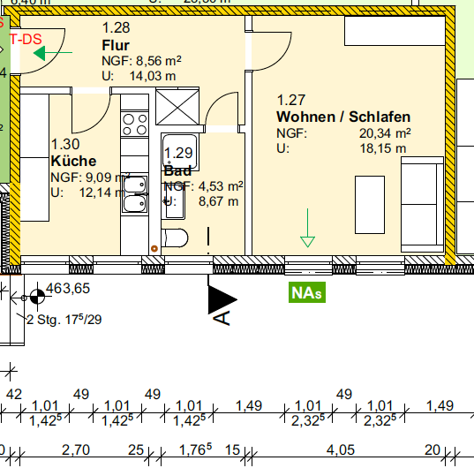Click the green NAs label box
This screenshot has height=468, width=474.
point(306,292)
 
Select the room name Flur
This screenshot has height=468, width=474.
point(116,45)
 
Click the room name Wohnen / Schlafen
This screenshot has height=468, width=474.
point(342,117)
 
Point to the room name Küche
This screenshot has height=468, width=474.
point(73,161)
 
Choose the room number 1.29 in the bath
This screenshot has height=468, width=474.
point(178,153)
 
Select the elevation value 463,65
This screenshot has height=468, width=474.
point(70,289)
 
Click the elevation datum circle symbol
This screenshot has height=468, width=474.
point(36,297)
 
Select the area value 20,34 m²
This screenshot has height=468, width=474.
point(390,133)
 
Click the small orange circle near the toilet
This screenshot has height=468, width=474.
point(154,248)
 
